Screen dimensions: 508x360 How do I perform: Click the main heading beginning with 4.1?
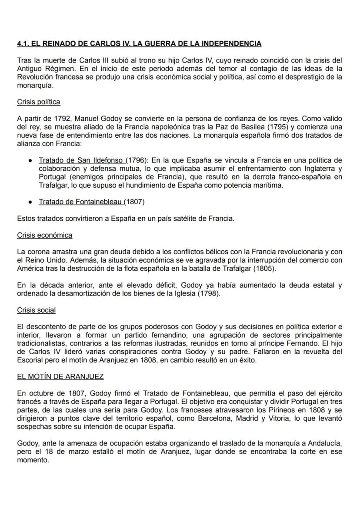coord(139,44)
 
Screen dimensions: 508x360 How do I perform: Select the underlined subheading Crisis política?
coord(38,102)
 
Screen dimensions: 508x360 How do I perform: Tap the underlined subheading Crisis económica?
coord(44,235)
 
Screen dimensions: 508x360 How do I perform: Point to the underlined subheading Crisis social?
coord(36,310)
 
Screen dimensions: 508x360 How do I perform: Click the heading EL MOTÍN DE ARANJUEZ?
coord(60,376)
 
